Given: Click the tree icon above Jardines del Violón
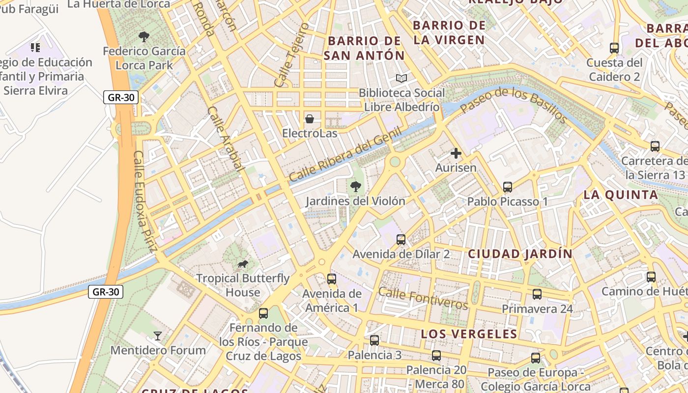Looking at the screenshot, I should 355,187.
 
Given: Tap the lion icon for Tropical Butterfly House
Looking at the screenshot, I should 243,264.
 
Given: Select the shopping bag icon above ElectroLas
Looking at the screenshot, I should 310,119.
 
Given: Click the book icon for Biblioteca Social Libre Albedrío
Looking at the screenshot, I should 401,79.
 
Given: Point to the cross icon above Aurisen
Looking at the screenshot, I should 456,153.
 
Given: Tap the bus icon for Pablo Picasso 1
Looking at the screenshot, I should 508,187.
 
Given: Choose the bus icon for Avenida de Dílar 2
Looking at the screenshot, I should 401,240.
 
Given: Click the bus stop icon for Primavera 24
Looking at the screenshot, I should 537,294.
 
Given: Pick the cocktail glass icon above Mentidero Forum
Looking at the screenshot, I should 158,336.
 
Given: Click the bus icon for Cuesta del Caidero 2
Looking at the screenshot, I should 614,48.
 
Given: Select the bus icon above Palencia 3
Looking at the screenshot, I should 374,340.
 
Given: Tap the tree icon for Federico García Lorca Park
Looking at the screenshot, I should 144,36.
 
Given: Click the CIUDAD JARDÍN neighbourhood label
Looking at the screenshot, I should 520,254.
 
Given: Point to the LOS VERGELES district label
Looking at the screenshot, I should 469,334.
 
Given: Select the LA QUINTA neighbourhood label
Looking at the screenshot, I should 621,195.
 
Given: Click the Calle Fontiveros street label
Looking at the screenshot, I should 423,298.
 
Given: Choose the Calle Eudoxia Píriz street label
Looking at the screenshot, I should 145,201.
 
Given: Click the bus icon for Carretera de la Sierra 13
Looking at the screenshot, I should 655,146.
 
